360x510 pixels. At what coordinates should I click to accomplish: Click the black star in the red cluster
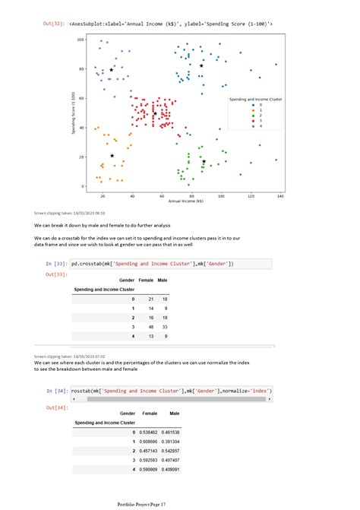(154, 114)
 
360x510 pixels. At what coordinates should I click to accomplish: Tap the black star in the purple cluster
(112, 69)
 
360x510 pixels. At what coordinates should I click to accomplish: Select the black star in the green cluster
(204, 161)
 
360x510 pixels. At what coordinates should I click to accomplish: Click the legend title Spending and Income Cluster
(255, 99)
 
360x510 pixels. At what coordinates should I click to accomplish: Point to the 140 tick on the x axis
(280, 196)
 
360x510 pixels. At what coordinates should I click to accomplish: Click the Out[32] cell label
(54, 24)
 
